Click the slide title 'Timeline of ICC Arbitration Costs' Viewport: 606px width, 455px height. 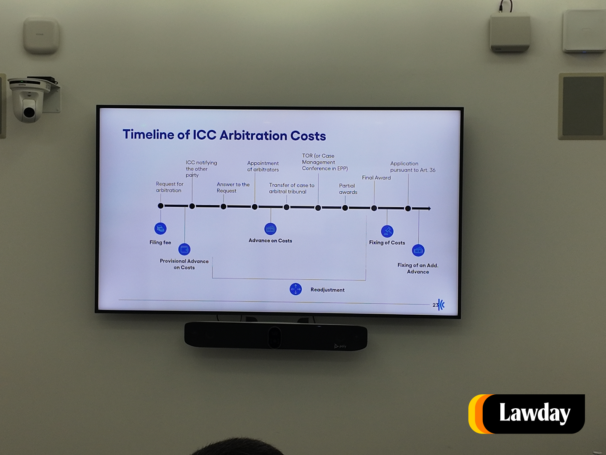[224, 135]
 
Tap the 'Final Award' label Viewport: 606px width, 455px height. [376, 178]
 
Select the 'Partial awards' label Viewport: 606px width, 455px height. [348, 189]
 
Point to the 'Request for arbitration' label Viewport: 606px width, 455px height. [169, 187]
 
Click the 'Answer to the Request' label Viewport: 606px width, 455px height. [233, 187]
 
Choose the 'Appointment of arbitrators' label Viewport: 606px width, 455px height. [263, 166]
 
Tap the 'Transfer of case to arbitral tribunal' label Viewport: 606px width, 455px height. [291, 188]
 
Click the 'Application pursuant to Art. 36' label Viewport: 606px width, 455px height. [412, 167]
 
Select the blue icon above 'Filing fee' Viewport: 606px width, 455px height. [160, 228]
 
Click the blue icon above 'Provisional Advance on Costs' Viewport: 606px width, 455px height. [184, 249]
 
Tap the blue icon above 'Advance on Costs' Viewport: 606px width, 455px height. [270, 229]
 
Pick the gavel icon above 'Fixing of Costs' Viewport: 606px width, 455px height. [387, 231]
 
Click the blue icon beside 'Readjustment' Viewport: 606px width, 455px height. [295, 289]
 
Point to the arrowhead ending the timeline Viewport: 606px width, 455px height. [429, 209]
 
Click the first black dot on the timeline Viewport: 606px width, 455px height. [160, 206]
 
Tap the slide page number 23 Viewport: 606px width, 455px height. [435, 305]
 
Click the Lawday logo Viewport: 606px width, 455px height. [527, 414]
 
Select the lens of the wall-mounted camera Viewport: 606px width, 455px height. [29, 112]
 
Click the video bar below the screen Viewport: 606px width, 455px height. [276, 336]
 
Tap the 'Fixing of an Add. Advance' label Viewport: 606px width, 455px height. [418, 268]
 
